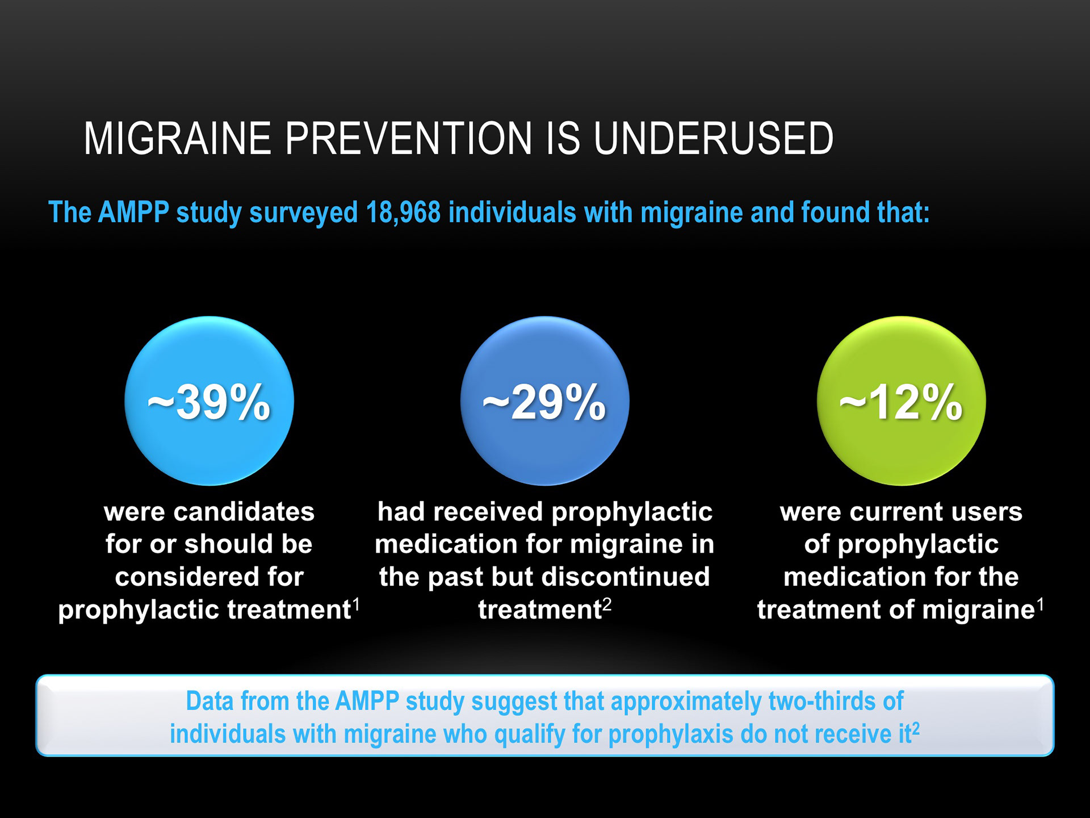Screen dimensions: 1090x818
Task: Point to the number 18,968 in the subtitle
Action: (x=403, y=212)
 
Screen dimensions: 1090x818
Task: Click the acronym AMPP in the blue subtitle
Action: (x=133, y=212)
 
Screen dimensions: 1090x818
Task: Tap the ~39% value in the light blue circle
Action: (x=209, y=402)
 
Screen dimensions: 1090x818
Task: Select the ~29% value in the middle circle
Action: (x=544, y=402)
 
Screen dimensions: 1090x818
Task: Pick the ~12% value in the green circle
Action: (x=901, y=402)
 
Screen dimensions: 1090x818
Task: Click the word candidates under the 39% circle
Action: (x=244, y=512)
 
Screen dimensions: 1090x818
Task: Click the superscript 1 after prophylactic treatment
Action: (x=357, y=604)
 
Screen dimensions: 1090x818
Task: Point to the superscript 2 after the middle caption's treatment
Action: (x=607, y=604)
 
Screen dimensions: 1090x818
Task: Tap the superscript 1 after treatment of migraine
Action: (x=1040, y=604)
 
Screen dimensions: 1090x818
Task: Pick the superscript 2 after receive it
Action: (x=915, y=729)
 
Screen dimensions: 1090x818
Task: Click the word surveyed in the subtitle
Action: (x=304, y=213)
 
